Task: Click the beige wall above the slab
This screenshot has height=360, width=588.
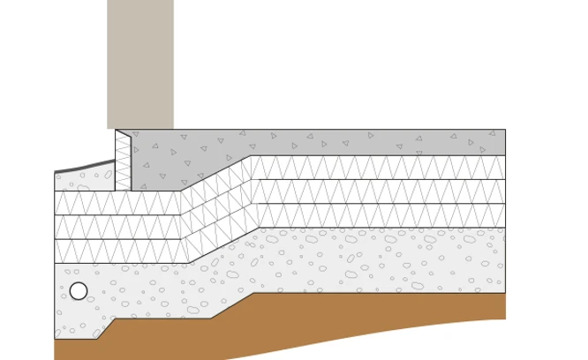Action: [x=139, y=62]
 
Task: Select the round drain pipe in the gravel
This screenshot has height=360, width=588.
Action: [x=79, y=291]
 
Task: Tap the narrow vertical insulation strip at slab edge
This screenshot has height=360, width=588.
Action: [x=123, y=161]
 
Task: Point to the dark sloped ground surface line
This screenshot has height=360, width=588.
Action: [x=84, y=167]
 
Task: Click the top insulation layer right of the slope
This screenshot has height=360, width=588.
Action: [x=380, y=168]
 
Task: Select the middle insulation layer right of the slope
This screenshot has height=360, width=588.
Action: [x=380, y=191]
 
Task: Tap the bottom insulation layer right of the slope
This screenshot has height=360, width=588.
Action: [x=380, y=215]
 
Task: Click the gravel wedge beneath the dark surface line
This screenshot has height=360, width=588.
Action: [x=84, y=180]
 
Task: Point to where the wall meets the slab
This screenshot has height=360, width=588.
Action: [x=139, y=130]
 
